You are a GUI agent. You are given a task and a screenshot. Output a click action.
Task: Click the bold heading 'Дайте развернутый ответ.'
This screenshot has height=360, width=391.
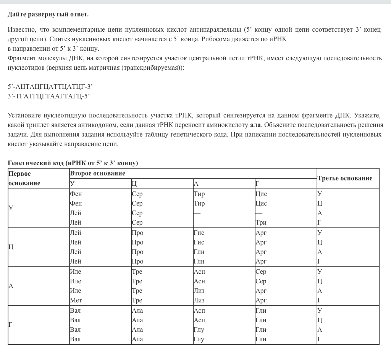tap(48, 14)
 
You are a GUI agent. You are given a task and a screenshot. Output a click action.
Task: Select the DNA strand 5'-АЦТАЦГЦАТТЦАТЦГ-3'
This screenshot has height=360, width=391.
tap(50, 87)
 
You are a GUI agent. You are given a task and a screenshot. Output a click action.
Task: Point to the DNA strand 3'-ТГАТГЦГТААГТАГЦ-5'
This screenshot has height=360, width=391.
tap(48, 96)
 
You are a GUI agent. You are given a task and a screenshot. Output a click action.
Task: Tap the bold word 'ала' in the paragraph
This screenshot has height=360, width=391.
tap(255, 125)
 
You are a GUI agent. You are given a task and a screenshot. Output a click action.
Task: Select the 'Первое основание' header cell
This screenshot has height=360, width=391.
tap(24, 178)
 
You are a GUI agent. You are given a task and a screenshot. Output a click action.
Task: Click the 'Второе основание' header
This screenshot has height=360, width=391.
tap(97, 173)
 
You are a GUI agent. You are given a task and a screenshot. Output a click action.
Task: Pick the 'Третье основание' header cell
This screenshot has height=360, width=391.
tap(345, 178)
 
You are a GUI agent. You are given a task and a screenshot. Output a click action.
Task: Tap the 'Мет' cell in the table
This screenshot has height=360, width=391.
tap(76, 301)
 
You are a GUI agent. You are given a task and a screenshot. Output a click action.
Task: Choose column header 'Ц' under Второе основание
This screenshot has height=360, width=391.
tap(134, 183)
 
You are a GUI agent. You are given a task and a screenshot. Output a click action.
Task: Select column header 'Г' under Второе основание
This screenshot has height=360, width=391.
tap(258, 183)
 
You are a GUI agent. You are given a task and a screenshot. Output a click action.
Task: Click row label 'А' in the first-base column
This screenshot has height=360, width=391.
tap(11, 286)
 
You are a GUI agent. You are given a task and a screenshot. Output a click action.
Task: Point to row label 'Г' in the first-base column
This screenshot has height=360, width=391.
tap(11, 325)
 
